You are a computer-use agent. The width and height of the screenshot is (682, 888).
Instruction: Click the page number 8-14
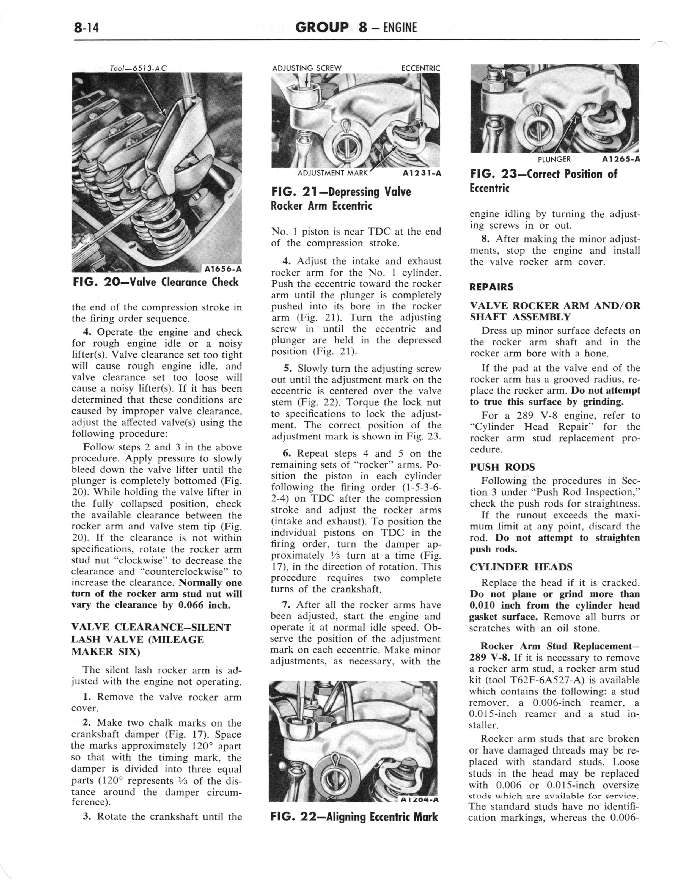87,28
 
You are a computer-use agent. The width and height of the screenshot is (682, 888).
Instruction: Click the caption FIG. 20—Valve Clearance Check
155,282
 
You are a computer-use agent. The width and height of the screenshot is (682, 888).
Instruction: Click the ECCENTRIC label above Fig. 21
420,68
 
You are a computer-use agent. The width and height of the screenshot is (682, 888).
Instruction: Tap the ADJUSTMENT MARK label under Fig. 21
332,173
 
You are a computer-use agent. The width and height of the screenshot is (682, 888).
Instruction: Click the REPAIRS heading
491,287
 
